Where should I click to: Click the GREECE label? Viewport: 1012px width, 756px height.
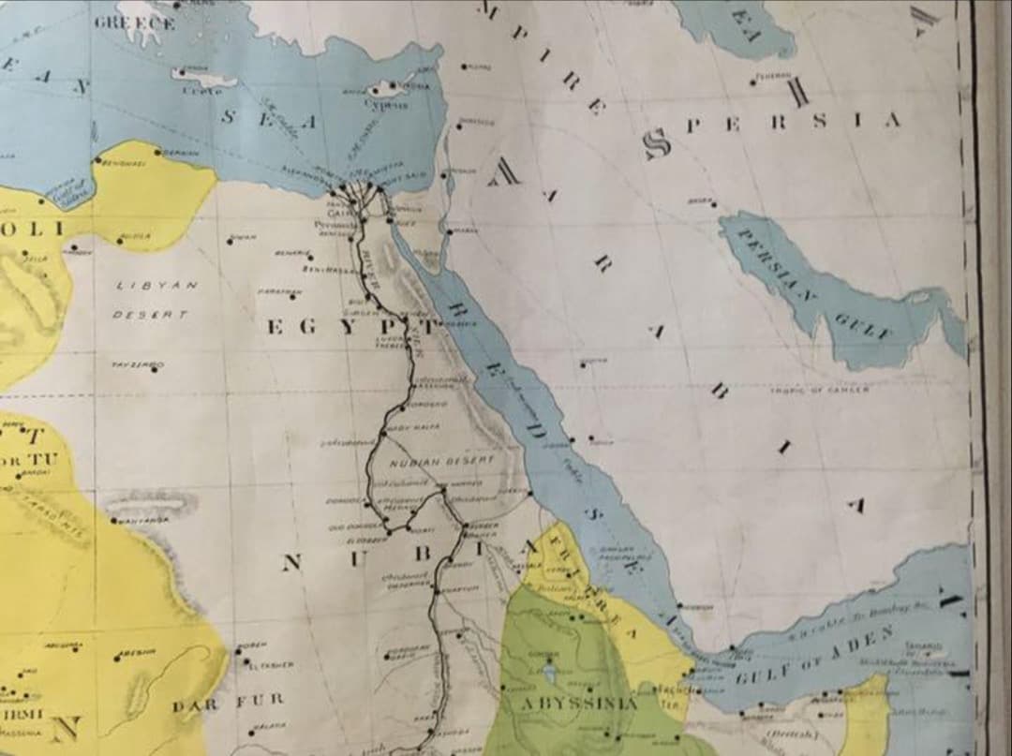point(133,23)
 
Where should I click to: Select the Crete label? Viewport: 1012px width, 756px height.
point(202,91)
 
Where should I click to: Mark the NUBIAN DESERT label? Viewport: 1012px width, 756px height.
point(427,461)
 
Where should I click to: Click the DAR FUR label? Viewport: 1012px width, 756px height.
point(227,701)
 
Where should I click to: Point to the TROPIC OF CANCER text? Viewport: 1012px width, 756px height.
point(819,390)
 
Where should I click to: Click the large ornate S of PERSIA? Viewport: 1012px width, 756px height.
point(657,142)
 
